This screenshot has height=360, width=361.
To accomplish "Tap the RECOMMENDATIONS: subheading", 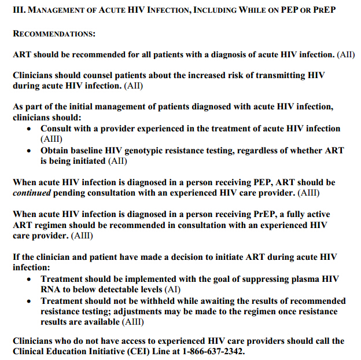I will [54, 34].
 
